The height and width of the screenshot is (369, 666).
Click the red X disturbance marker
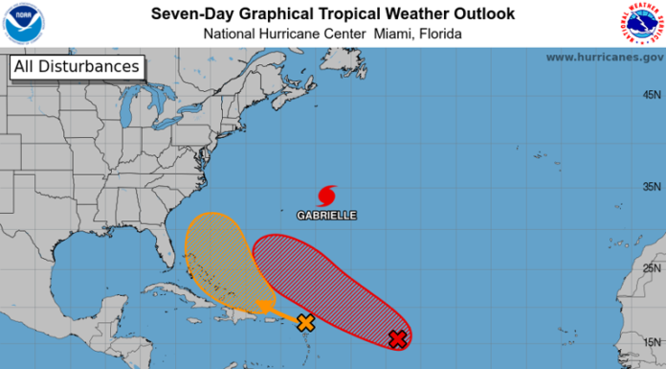point(398,338)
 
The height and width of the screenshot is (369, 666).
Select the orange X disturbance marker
point(305,323)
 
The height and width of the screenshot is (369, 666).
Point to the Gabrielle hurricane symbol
point(326,196)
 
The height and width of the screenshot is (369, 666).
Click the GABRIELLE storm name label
point(326,216)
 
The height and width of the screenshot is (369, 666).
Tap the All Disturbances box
point(77,67)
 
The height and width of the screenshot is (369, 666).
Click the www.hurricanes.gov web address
point(604,58)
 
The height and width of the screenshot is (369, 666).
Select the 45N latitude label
point(652,95)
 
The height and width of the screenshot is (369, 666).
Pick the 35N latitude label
point(652,186)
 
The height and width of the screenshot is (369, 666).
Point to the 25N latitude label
point(652,267)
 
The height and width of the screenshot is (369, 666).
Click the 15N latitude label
point(652,340)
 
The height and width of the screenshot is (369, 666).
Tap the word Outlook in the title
point(479,13)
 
